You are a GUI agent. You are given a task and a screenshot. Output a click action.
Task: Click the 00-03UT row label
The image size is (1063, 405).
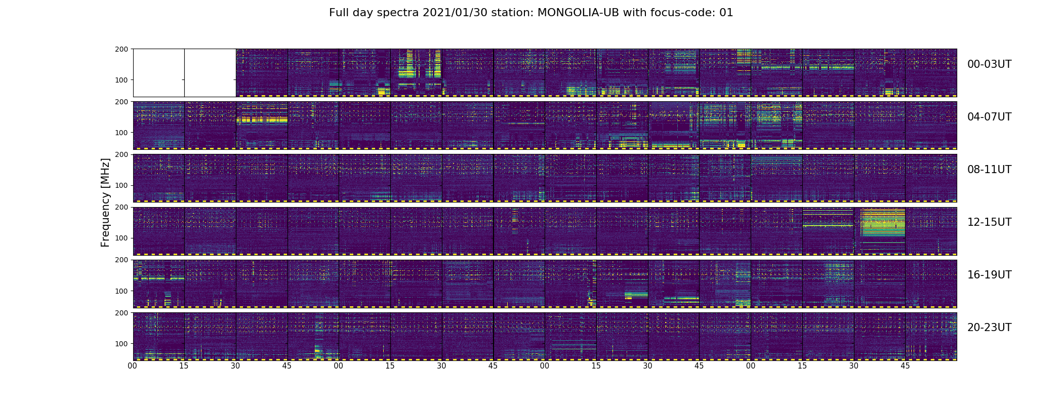(989, 64)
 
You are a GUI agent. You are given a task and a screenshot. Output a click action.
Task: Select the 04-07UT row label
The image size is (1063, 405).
(989, 117)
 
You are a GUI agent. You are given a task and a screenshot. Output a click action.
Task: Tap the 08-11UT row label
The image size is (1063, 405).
(989, 170)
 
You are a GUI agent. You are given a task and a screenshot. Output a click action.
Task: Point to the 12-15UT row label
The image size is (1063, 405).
(989, 222)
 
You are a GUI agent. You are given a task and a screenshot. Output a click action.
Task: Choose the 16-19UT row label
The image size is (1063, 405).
(989, 275)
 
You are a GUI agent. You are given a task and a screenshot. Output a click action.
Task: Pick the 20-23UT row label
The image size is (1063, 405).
(989, 328)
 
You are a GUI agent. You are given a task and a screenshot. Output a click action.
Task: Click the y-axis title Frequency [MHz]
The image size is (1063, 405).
(105, 202)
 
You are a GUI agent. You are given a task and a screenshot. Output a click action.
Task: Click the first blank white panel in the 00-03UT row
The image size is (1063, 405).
(158, 72)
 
